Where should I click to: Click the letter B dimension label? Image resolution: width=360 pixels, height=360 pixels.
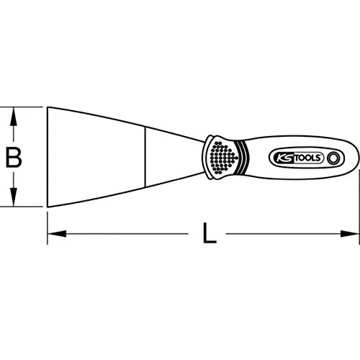click(x=12, y=157)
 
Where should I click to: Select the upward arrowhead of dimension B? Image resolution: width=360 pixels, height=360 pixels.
click(x=12, y=114)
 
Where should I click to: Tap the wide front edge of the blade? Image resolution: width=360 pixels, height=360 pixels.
click(x=48, y=157)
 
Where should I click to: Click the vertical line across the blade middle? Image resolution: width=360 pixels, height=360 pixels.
click(x=145, y=157)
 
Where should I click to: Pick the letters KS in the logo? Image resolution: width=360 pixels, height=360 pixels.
click(x=281, y=157)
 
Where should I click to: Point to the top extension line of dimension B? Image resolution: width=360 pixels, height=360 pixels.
click(x=25, y=107)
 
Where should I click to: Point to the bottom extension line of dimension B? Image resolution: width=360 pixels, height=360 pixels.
click(x=25, y=207)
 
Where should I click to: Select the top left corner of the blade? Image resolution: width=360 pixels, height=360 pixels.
click(x=48, y=108)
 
